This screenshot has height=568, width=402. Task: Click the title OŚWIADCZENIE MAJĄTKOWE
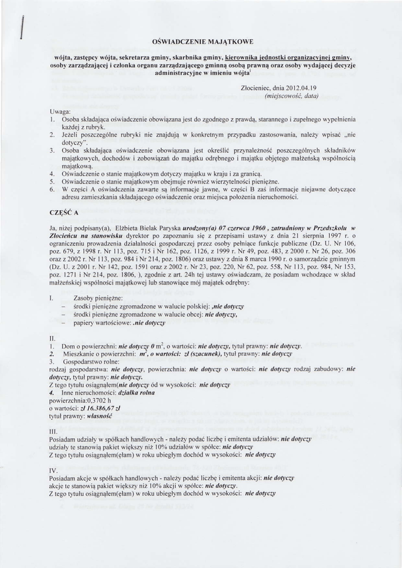[202, 42]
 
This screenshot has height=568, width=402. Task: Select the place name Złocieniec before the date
[258, 88]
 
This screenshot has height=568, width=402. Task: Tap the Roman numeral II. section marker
[53, 337]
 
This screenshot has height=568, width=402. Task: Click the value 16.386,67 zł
[103, 407]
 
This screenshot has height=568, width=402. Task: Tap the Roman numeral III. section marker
[54, 430]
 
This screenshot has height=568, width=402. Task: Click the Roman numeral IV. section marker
[54, 469]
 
